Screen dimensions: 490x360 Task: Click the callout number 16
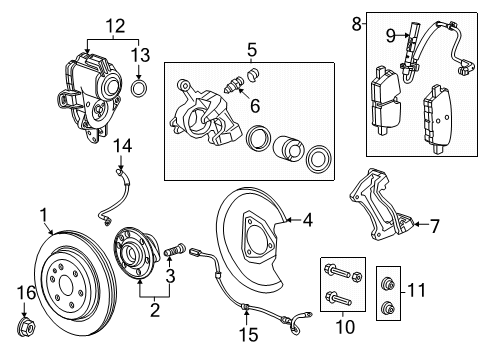coord(26,293)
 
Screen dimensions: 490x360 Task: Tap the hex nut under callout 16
coord(27,327)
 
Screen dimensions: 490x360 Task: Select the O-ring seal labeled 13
coord(139,88)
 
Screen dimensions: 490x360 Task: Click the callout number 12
coord(115,26)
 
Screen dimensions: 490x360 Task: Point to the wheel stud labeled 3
coord(174,250)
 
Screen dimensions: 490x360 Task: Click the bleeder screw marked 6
coord(234,85)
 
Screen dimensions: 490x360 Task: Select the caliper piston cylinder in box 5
coord(288,147)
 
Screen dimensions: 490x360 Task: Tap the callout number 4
coord(308,220)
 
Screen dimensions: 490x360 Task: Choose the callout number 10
coord(345,326)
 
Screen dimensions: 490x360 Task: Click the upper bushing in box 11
coord(388,284)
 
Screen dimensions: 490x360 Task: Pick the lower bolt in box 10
coord(338,298)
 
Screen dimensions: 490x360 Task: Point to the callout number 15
coord(249,335)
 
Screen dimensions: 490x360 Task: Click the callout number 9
coord(391,35)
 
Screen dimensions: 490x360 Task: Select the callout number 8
coord(356,24)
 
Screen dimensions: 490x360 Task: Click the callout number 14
coord(122,146)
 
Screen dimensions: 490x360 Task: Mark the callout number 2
coord(155,310)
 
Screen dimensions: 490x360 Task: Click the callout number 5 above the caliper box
coord(252,50)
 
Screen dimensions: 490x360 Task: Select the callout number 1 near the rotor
coord(44,215)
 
